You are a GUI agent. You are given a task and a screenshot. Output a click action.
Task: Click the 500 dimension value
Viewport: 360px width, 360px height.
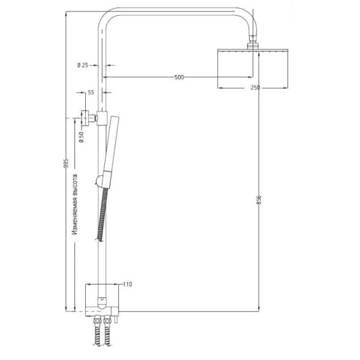tap(179, 77)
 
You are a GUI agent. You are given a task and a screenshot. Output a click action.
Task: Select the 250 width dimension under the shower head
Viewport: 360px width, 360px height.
tap(255, 88)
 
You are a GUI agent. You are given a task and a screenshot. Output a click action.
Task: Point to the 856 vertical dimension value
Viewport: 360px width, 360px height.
tap(259, 200)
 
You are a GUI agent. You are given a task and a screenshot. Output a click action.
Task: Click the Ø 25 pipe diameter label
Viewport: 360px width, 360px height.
tap(83, 65)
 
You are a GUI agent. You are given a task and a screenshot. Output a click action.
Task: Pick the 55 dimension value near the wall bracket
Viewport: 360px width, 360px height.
tap(91, 92)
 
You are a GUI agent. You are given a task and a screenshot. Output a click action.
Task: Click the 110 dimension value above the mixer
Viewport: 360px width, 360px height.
tap(127, 284)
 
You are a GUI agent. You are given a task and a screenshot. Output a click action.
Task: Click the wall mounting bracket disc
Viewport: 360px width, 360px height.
tap(86, 116)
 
